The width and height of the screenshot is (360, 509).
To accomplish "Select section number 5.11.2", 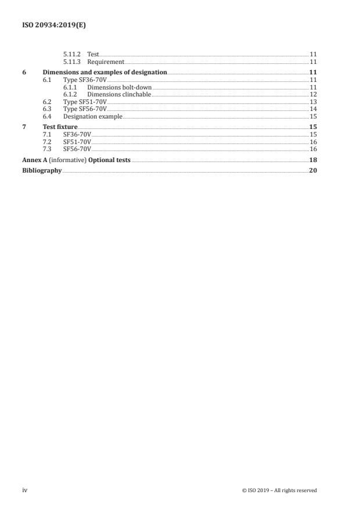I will [72, 54].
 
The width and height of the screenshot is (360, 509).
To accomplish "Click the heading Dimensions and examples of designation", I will [105, 72].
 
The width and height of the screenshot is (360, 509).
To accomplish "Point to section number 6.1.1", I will [72, 87].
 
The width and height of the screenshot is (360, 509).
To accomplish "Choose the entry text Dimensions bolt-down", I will [119, 87].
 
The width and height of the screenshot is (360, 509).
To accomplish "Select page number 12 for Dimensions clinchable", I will [312, 94].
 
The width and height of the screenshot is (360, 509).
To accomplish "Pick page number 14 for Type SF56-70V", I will [312, 109].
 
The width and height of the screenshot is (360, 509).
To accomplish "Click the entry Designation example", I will [92, 116].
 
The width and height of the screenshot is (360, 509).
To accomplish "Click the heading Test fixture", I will [60, 127].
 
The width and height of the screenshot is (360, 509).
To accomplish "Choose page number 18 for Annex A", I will [312, 160].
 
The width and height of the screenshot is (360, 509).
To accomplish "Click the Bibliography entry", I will [42, 171].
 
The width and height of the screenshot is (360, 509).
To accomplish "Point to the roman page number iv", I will [25, 490].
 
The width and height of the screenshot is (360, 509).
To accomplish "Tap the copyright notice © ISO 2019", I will [279, 490].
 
